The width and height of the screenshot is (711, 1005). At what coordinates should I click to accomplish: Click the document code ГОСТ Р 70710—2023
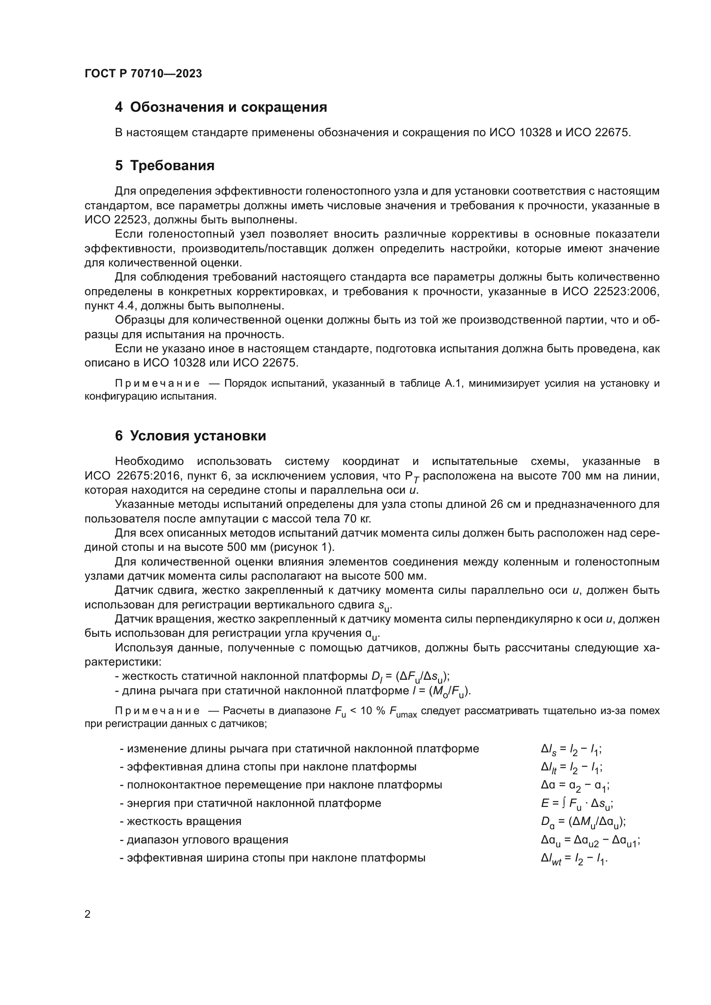click(x=143, y=73)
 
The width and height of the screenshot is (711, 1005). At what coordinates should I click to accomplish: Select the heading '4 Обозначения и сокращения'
click(x=221, y=107)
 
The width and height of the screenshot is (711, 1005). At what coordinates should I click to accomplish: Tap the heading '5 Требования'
click(x=165, y=165)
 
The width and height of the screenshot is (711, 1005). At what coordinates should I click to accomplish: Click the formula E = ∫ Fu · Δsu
click(x=576, y=803)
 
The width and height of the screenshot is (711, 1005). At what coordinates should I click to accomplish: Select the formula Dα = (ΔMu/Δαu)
click(x=583, y=822)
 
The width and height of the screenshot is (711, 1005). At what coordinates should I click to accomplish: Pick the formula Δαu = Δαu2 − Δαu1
click(x=590, y=840)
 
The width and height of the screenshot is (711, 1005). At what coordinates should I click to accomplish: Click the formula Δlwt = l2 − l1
click(x=574, y=858)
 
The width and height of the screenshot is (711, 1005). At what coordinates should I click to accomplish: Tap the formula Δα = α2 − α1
click(x=575, y=785)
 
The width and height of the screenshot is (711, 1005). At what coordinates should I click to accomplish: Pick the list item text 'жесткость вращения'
click(x=184, y=821)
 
